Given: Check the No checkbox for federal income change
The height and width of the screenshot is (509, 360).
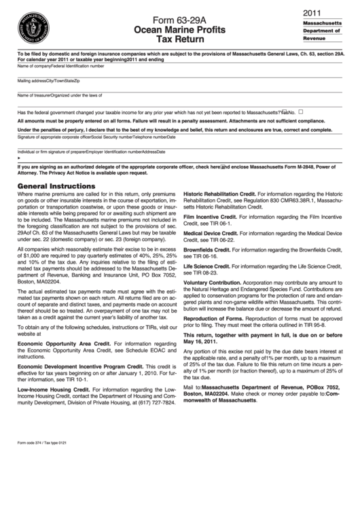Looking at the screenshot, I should [x=301, y=112].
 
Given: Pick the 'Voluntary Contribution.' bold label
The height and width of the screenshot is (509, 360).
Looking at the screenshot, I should [x=213, y=282].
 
